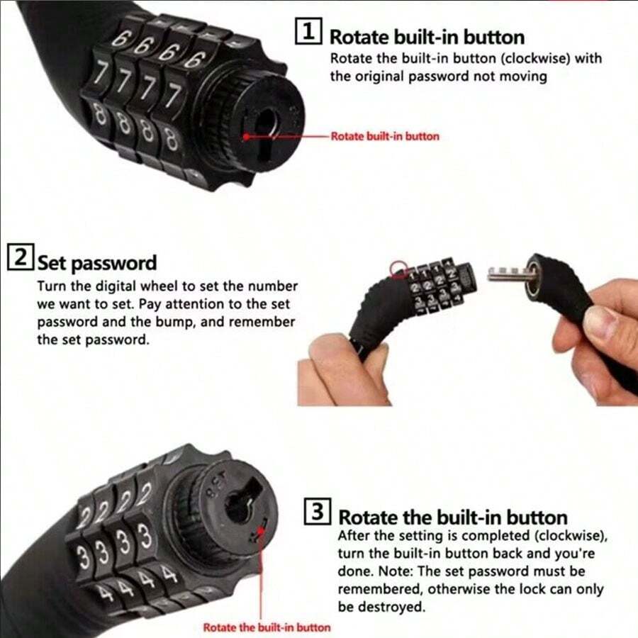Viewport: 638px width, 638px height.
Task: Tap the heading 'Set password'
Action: coord(96,263)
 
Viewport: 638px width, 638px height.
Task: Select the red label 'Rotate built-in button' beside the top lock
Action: coord(385,136)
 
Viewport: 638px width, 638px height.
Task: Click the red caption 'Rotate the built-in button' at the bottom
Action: coord(267,627)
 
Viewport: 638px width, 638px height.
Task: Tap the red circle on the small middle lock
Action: coord(398,268)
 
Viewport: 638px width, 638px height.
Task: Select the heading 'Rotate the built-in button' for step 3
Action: coord(452,516)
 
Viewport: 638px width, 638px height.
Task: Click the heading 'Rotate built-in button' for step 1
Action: coord(427,36)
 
